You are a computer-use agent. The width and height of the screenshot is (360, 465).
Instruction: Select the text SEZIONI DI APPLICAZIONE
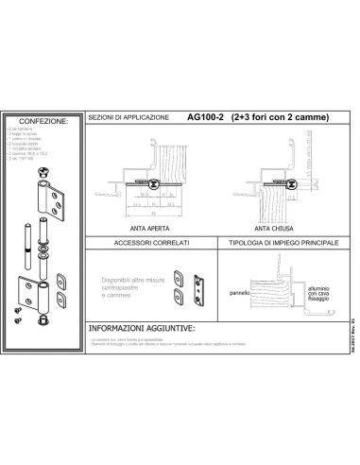(129, 118)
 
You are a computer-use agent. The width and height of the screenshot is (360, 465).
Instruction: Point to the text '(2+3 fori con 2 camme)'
(280, 118)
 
